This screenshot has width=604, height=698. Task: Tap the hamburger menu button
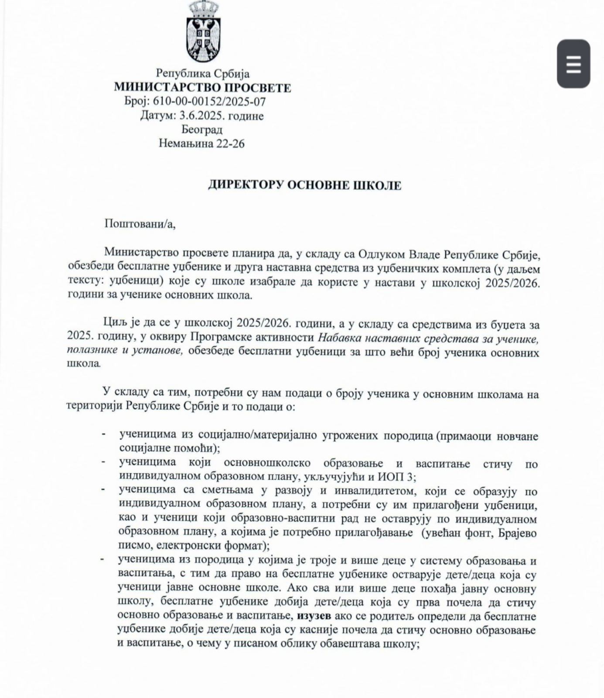573,64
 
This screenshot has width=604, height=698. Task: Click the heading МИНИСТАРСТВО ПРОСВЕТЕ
202,88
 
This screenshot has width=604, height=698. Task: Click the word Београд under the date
202,130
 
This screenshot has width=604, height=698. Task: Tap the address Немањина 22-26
201,143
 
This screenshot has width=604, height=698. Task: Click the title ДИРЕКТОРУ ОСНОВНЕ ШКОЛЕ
304,185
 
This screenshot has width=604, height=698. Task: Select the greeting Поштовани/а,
140,224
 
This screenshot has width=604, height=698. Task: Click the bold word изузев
314,616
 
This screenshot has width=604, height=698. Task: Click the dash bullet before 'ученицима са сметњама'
103,490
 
